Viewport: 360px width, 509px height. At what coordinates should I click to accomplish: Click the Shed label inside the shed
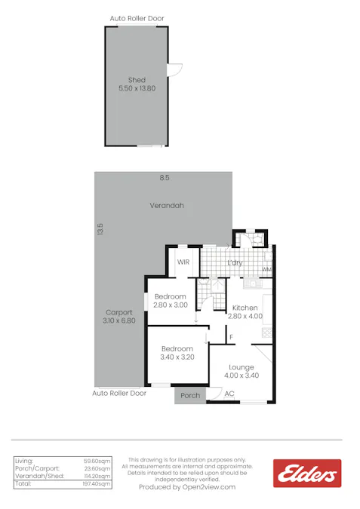(137, 80)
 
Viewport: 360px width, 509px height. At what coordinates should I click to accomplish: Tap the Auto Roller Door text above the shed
(137, 18)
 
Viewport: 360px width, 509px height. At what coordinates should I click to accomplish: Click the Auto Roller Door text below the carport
(119, 393)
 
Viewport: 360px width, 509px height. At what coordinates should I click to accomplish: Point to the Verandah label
(167, 205)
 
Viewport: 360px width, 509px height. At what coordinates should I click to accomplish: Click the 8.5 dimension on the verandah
(164, 178)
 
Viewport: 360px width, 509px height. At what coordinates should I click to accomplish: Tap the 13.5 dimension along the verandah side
(100, 228)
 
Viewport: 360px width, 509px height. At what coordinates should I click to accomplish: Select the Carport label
(119, 312)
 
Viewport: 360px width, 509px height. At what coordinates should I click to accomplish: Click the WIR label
(183, 262)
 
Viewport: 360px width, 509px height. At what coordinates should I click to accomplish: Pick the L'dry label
(235, 262)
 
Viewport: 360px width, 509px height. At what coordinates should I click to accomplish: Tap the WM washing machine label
(266, 269)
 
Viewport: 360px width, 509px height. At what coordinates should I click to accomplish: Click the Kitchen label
(245, 308)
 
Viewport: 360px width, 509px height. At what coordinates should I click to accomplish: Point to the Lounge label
(242, 367)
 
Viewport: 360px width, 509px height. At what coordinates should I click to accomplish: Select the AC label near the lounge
(229, 394)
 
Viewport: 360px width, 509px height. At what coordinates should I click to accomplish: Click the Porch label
(191, 395)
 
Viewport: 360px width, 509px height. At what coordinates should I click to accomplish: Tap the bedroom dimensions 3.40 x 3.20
(177, 357)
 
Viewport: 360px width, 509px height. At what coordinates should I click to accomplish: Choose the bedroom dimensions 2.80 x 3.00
(170, 305)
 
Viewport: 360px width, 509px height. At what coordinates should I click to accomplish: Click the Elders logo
(306, 474)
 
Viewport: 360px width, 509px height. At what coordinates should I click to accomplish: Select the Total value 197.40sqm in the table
(97, 483)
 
